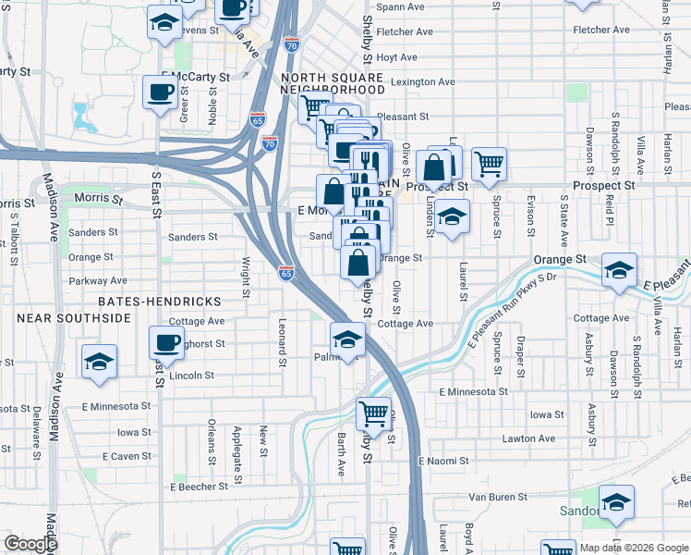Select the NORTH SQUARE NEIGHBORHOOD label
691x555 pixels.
pyautogui.click(x=333, y=84)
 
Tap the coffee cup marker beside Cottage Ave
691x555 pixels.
pyautogui.click(x=166, y=342)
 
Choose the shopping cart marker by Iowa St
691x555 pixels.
pyautogui.click(x=373, y=413)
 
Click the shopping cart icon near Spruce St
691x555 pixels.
pyautogui.click(x=489, y=164)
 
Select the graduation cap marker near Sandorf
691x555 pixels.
pyautogui.click(x=616, y=501)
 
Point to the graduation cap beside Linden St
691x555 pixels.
pyautogui.click(x=450, y=218)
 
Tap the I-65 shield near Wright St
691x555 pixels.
pyautogui.click(x=286, y=273)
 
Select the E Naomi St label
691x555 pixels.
pyautogui.click(x=444, y=460)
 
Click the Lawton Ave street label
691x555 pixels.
pyautogui.click(x=528, y=438)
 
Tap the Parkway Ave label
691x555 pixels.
pyautogui.click(x=98, y=280)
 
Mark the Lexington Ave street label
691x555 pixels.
pyautogui.click(x=423, y=81)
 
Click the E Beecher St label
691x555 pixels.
pyautogui.click(x=199, y=486)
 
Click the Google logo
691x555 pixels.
pyautogui.click(x=30, y=544)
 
